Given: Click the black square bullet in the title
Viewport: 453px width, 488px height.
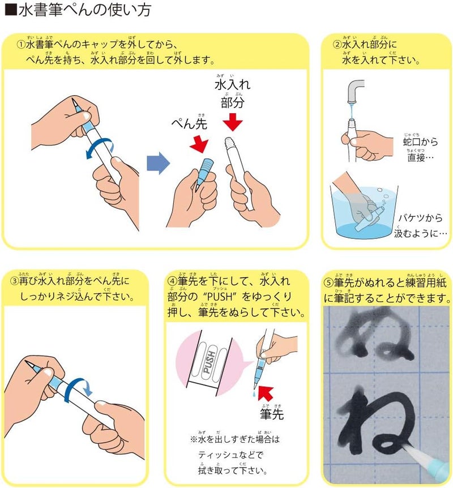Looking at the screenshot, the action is click(x=11, y=10).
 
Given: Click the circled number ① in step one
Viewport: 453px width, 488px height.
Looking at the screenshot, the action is click(x=22, y=45).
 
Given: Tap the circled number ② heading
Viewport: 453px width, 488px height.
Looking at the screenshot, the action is click(x=337, y=45).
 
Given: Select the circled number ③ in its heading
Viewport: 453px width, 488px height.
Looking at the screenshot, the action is click(x=15, y=281).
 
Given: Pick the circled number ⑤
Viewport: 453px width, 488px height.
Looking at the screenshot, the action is click(x=329, y=282).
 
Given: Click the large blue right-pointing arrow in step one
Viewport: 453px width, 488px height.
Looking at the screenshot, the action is click(x=158, y=163).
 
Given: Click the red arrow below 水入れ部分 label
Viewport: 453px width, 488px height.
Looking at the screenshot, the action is click(x=233, y=122).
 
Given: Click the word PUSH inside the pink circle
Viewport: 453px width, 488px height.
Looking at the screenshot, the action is click(x=209, y=362).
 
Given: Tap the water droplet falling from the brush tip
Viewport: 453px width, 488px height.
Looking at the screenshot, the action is click(x=254, y=395).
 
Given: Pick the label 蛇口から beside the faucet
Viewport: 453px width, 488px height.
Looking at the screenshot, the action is click(x=420, y=142).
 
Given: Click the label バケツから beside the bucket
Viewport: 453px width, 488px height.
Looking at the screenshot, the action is click(x=420, y=218).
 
